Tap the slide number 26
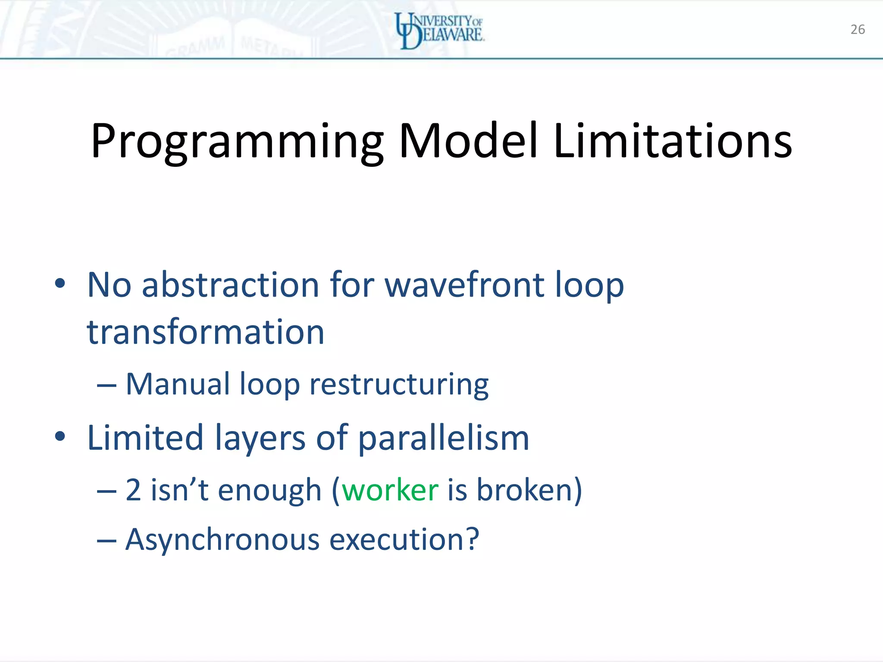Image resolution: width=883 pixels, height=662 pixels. pos(858,29)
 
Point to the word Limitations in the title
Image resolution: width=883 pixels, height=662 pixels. pos(673,141)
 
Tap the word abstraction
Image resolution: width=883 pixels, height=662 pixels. pos(230,285)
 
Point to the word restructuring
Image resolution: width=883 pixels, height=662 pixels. pos(399,384)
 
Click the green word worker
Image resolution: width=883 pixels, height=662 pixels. pos(390,490)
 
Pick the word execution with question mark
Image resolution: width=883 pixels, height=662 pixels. pos(404,540)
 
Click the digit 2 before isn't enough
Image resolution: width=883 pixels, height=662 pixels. pos(133,490)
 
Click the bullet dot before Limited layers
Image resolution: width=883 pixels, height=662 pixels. pos(60,436)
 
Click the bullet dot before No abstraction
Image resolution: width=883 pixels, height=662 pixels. pos(60,283)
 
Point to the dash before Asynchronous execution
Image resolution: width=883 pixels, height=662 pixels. pos(106,540)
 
